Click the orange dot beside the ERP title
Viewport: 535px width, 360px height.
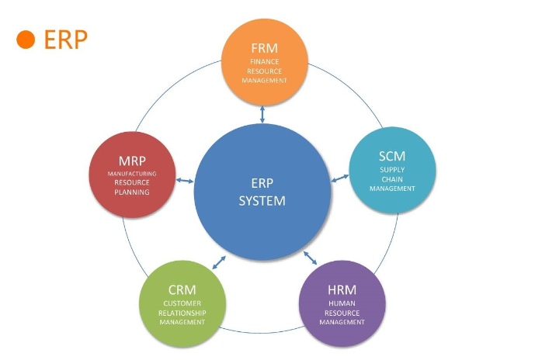(x=26, y=40)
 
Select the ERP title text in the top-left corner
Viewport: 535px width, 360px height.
(x=66, y=40)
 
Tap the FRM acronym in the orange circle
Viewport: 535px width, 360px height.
(x=264, y=47)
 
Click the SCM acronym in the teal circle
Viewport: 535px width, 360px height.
(x=391, y=156)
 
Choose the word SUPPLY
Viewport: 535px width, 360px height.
(x=392, y=169)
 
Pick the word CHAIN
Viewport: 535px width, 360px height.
(x=392, y=178)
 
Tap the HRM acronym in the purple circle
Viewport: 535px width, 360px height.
(x=342, y=290)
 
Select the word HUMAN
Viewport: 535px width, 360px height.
(x=342, y=303)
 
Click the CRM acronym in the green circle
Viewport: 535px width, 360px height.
(x=182, y=290)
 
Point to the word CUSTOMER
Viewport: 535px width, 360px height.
(x=182, y=303)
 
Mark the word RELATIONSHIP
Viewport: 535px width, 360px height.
(x=182, y=313)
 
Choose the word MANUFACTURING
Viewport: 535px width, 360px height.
(x=132, y=174)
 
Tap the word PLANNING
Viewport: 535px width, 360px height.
(x=132, y=192)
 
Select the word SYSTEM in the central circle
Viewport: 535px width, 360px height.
(x=262, y=200)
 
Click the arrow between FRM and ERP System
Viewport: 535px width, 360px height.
(x=263, y=113)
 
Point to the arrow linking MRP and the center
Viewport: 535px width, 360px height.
(x=184, y=181)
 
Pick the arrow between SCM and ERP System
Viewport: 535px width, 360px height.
(x=339, y=178)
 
